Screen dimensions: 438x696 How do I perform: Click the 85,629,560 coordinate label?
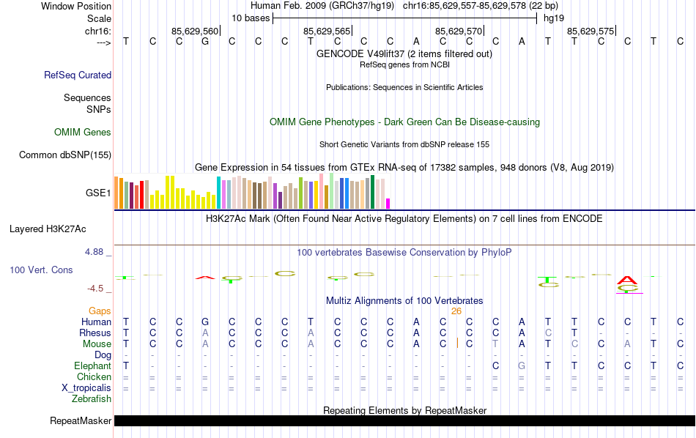click(195, 31)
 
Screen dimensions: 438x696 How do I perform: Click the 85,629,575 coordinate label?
click(591, 31)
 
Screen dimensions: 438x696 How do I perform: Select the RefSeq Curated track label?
click(78, 75)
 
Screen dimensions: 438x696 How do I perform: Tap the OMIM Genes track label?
click(83, 133)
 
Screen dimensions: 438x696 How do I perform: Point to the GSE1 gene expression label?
click(98, 193)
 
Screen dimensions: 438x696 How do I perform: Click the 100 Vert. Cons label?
click(41, 270)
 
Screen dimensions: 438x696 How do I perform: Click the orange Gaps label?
click(100, 311)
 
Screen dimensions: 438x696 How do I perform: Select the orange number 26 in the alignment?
click(456, 311)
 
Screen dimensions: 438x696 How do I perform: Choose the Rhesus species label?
click(95, 333)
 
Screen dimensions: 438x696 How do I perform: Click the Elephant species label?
click(93, 365)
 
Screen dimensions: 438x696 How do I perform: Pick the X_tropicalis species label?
click(84, 387)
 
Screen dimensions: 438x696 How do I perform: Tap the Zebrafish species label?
click(92, 398)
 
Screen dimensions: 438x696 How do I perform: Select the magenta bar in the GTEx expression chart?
click(388, 204)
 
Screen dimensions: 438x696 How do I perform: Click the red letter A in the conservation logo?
click(627, 280)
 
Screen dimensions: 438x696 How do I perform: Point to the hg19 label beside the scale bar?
click(554, 18)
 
